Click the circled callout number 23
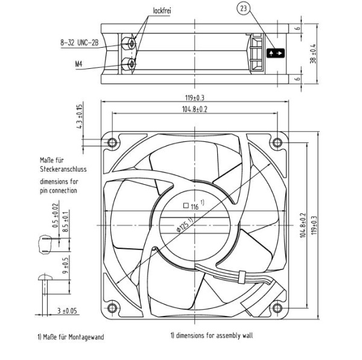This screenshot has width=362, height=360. [244, 8]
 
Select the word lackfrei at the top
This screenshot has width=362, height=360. [162, 11]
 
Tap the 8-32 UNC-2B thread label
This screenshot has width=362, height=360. [80, 42]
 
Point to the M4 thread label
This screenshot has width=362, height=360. [78, 63]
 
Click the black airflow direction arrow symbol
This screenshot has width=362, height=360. [276, 53]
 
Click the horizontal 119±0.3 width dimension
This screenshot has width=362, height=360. [195, 98]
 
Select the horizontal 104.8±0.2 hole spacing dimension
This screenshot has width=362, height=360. [195, 109]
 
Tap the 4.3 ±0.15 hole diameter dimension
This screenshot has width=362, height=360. [79, 117]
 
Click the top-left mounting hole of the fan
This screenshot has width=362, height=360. [112, 143]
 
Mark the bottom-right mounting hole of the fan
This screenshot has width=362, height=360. [278, 308]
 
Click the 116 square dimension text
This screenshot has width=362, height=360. [194, 205]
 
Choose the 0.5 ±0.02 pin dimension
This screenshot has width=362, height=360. [56, 216]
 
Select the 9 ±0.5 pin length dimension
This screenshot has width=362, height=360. [66, 266]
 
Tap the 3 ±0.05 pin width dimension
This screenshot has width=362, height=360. [67, 311]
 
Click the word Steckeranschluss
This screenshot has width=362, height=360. [63, 169]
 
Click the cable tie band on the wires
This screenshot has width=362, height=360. [241, 277]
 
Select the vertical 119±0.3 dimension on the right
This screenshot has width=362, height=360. [314, 225]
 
